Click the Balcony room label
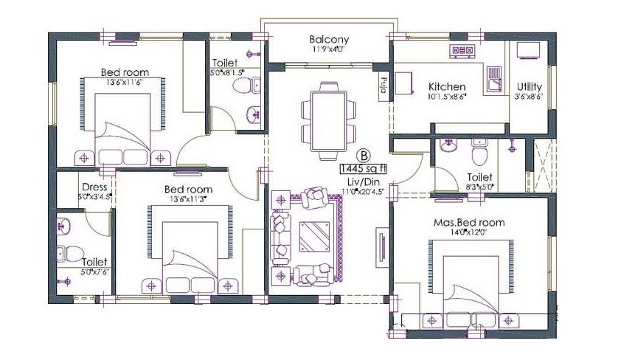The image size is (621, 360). coord(329,40)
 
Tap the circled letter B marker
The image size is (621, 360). coord(364,156)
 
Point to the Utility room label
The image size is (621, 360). coord(530,86)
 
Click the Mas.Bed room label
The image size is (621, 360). coord(469,222)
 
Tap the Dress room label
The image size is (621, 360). coord(95,187)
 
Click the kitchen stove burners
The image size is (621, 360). coord(462,51)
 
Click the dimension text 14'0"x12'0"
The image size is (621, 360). coord(469,232)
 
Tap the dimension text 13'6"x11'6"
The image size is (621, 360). coord(125,83)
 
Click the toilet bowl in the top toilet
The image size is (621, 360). coord(241,87)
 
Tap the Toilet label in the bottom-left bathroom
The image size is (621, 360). coord(94,262)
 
